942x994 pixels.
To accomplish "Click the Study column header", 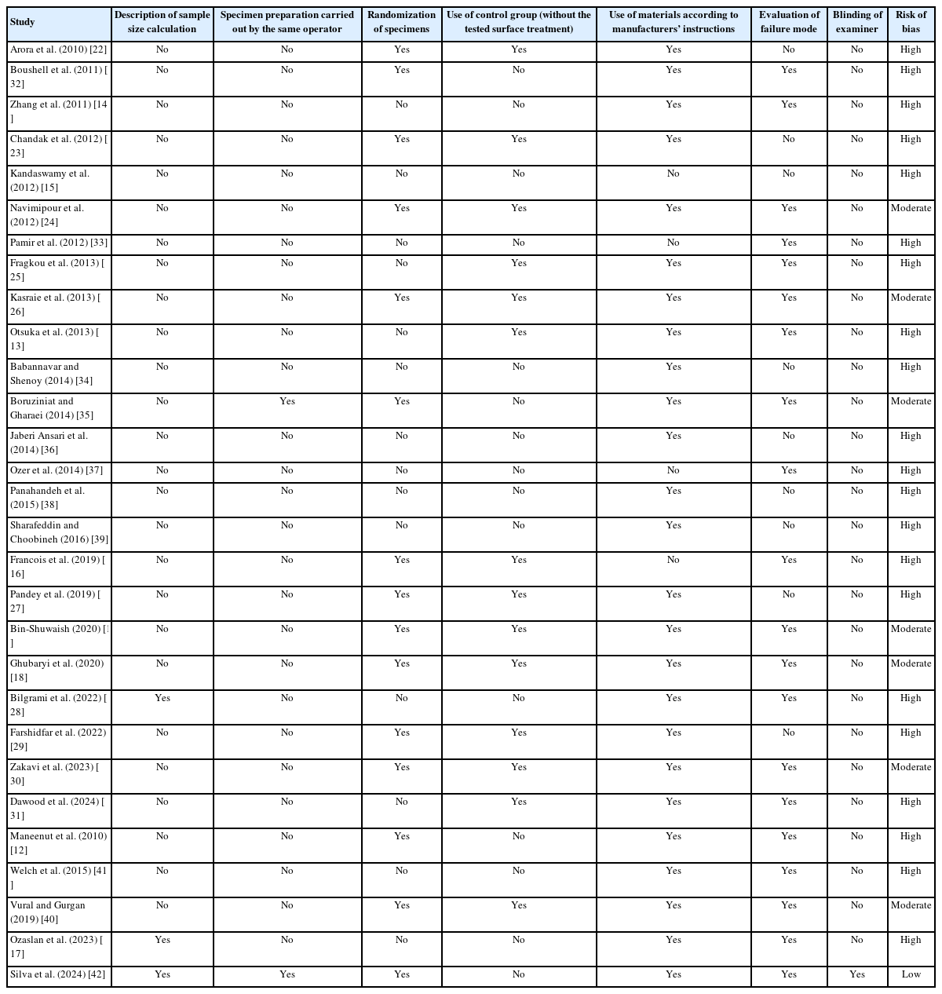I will pyautogui.click(x=23, y=23).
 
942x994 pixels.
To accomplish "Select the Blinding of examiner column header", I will pyautogui.click(x=856, y=22).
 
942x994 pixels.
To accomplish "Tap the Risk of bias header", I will pyautogui.click(x=911, y=22).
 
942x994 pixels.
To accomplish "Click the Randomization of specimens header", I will pyautogui.click(x=402, y=22).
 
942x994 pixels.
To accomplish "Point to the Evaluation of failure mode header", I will pyautogui.click(x=789, y=22).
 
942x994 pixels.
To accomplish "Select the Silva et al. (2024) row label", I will pyautogui.click(x=58, y=974).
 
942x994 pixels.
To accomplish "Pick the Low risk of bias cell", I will pyautogui.click(x=911, y=974).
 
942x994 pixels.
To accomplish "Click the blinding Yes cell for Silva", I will pyautogui.click(x=856, y=974).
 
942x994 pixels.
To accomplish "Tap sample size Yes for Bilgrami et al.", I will pyautogui.click(x=162, y=698).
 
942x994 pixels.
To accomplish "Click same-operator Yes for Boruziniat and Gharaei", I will pyautogui.click(x=287, y=401).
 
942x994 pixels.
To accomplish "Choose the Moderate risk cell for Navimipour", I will pyautogui.click(x=911, y=208).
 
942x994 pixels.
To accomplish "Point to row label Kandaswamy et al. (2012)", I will pyautogui.click(x=50, y=181).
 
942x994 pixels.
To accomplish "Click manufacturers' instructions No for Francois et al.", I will pyautogui.click(x=674, y=560).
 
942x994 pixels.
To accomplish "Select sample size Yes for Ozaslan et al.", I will pyautogui.click(x=162, y=940).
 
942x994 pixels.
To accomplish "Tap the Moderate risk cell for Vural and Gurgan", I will pyautogui.click(x=911, y=905).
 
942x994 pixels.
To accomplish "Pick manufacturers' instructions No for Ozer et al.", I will pyautogui.click(x=674, y=470).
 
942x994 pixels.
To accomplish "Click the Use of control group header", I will pyautogui.click(x=518, y=22).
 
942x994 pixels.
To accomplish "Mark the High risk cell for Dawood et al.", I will pyautogui.click(x=911, y=802).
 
